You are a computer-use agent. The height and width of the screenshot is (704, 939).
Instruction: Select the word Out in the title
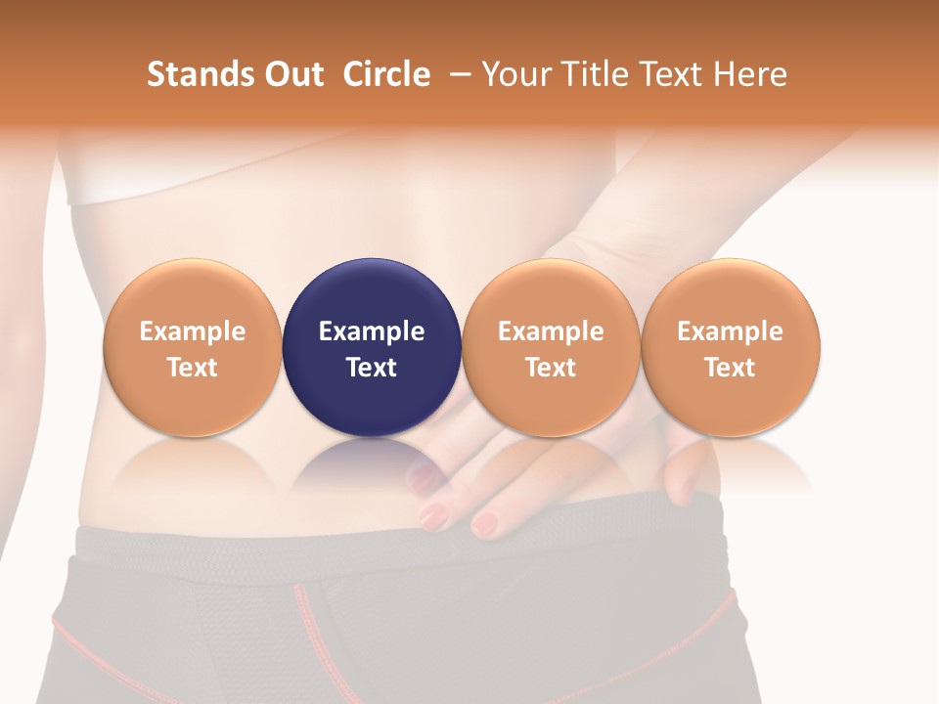click(x=292, y=74)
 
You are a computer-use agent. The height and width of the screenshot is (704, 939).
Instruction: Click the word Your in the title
click(x=514, y=74)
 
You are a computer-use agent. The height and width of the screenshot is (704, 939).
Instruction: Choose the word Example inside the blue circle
click(x=372, y=331)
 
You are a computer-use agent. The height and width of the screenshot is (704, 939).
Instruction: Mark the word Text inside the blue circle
click(x=372, y=368)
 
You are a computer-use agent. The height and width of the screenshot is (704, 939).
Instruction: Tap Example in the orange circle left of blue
click(x=193, y=331)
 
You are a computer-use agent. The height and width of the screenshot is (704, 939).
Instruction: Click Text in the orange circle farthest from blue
click(x=730, y=368)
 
